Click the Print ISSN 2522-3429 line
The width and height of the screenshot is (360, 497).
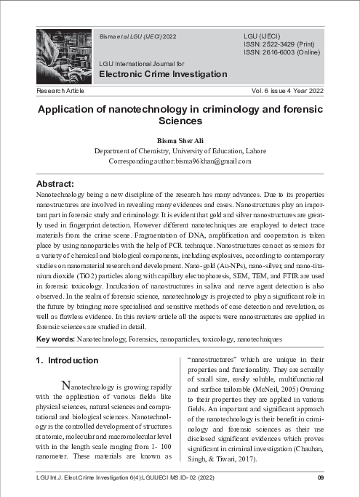279,44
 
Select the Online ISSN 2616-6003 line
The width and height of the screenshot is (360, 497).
281,52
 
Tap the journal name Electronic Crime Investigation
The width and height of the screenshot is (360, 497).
163,74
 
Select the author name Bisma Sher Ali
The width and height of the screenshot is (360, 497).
179,140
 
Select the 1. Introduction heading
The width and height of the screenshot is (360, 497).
67,360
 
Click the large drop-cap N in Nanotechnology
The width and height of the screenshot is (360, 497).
66,384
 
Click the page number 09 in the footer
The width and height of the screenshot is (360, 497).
320,477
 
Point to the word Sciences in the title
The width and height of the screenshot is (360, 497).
179,122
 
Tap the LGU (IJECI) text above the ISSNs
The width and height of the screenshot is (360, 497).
262,35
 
